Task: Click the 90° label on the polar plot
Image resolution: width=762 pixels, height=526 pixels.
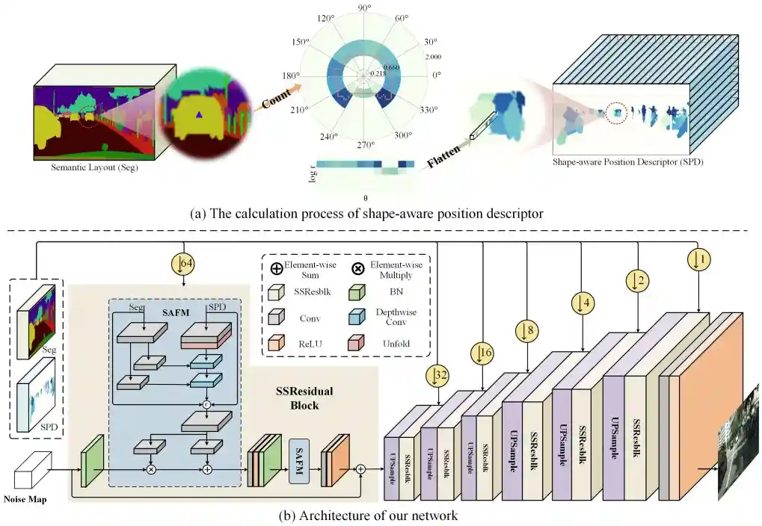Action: point(365,8)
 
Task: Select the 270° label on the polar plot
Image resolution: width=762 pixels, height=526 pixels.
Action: point(365,146)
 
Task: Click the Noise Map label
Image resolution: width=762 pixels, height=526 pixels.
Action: point(25,499)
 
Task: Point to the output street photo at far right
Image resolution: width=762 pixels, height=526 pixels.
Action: point(737,460)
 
